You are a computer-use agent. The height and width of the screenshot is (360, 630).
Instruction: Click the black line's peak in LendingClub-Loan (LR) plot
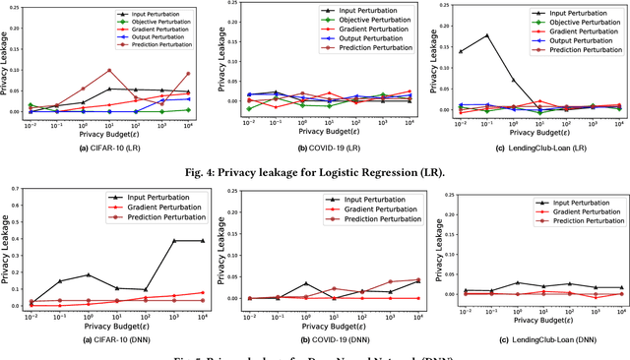485,35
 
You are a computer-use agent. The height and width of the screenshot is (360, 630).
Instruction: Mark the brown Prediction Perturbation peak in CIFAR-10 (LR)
109,71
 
